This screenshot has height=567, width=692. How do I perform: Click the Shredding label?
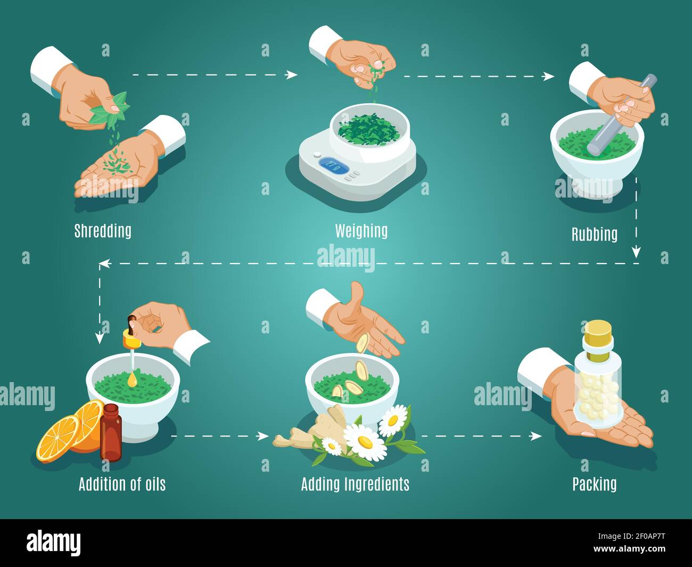[103, 231]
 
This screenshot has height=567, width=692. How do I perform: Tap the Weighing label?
[361, 231]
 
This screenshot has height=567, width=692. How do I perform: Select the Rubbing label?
[594, 234]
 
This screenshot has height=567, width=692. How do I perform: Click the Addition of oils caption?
[122, 484]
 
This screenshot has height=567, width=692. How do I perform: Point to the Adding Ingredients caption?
[355, 484]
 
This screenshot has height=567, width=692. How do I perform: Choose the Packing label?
[594, 484]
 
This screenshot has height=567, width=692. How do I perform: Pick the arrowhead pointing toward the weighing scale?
[292, 75]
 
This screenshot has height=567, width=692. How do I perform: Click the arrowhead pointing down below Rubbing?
[636, 252]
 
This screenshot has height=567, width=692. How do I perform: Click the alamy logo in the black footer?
[54, 543]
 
